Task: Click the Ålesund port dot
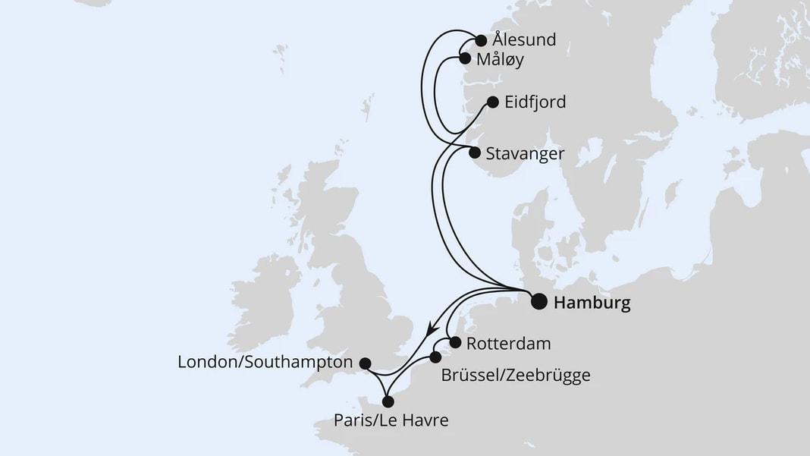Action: tap(481, 40)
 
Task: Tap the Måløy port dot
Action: tap(465, 58)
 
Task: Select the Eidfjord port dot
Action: tap(491, 102)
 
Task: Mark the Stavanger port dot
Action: tap(476, 152)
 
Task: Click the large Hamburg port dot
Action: tap(538, 302)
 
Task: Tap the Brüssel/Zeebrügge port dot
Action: tap(435, 357)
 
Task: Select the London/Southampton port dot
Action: tap(365, 363)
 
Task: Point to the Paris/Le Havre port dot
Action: tap(388, 402)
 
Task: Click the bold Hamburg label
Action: tap(592, 303)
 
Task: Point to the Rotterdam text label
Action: tap(508, 343)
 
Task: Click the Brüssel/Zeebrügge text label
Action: tap(516, 374)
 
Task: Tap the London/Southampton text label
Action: tap(265, 363)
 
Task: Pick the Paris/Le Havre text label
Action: tap(390, 420)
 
